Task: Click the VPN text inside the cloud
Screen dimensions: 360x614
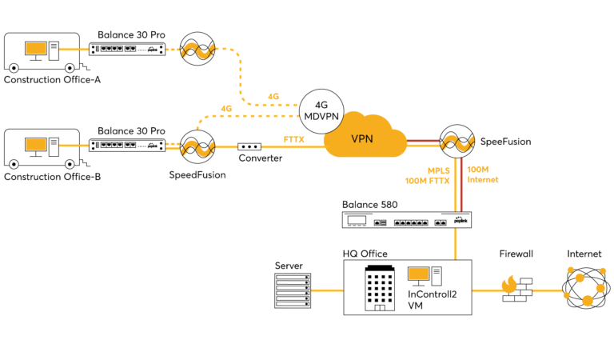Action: coord(362,139)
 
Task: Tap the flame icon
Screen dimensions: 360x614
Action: coord(509,285)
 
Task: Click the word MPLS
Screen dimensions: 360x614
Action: coord(439,170)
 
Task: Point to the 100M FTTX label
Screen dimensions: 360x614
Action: coord(428,182)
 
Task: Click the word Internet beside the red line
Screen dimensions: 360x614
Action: coord(482,180)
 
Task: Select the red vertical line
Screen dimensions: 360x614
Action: coord(461,184)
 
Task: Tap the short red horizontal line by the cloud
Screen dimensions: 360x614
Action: coord(423,141)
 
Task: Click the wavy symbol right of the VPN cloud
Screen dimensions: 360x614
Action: coord(457,143)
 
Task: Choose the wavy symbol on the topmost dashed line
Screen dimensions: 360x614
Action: coord(197,50)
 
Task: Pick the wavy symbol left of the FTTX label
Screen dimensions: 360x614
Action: coord(197,148)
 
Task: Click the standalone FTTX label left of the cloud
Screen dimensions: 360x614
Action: coord(294,140)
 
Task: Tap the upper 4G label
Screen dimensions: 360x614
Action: coord(273,96)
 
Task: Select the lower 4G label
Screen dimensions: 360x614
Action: coord(227,108)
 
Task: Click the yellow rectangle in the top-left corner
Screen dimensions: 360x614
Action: coord(35,48)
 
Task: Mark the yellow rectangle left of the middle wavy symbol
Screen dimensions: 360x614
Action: coord(35,144)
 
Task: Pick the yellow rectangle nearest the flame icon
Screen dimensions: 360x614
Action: coord(418,274)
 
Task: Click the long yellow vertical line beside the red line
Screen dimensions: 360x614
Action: coord(456,184)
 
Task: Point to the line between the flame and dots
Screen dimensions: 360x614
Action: coord(548,290)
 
